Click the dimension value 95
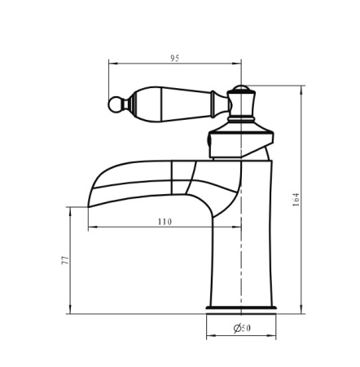(x=175, y=58)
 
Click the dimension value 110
(x=165, y=222)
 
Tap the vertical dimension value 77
(x=65, y=260)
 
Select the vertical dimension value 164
(x=296, y=200)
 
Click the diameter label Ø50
(x=242, y=328)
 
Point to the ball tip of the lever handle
(x=114, y=104)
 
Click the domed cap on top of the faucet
(x=241, y=88)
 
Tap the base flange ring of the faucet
(x=241, y=307)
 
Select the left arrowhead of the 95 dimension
(x=113, y=64)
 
